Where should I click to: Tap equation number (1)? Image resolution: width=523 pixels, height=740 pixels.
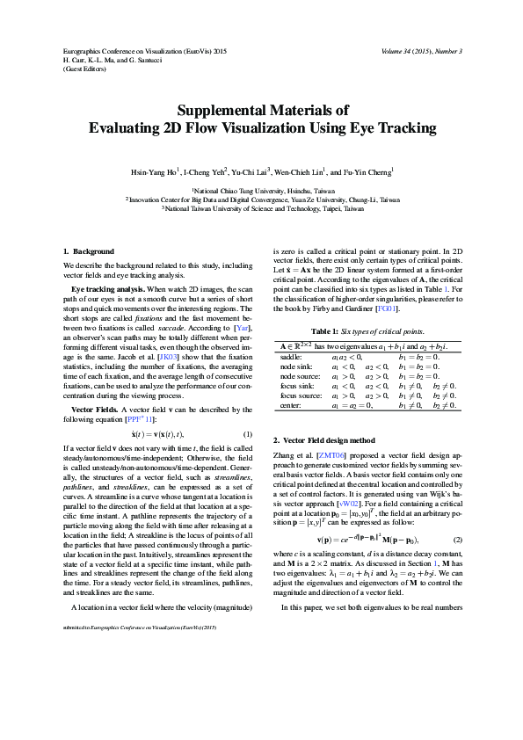pos(247,433)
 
